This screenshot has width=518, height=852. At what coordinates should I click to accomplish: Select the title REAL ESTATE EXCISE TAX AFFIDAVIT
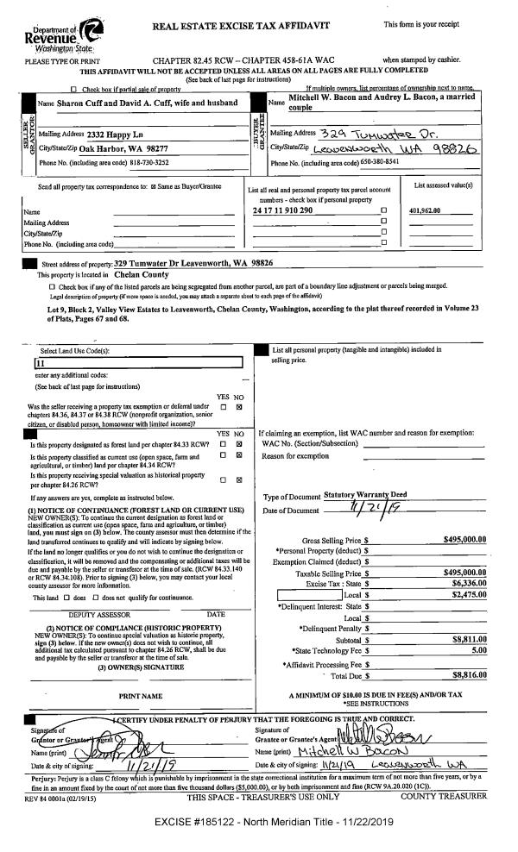point(242,26)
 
